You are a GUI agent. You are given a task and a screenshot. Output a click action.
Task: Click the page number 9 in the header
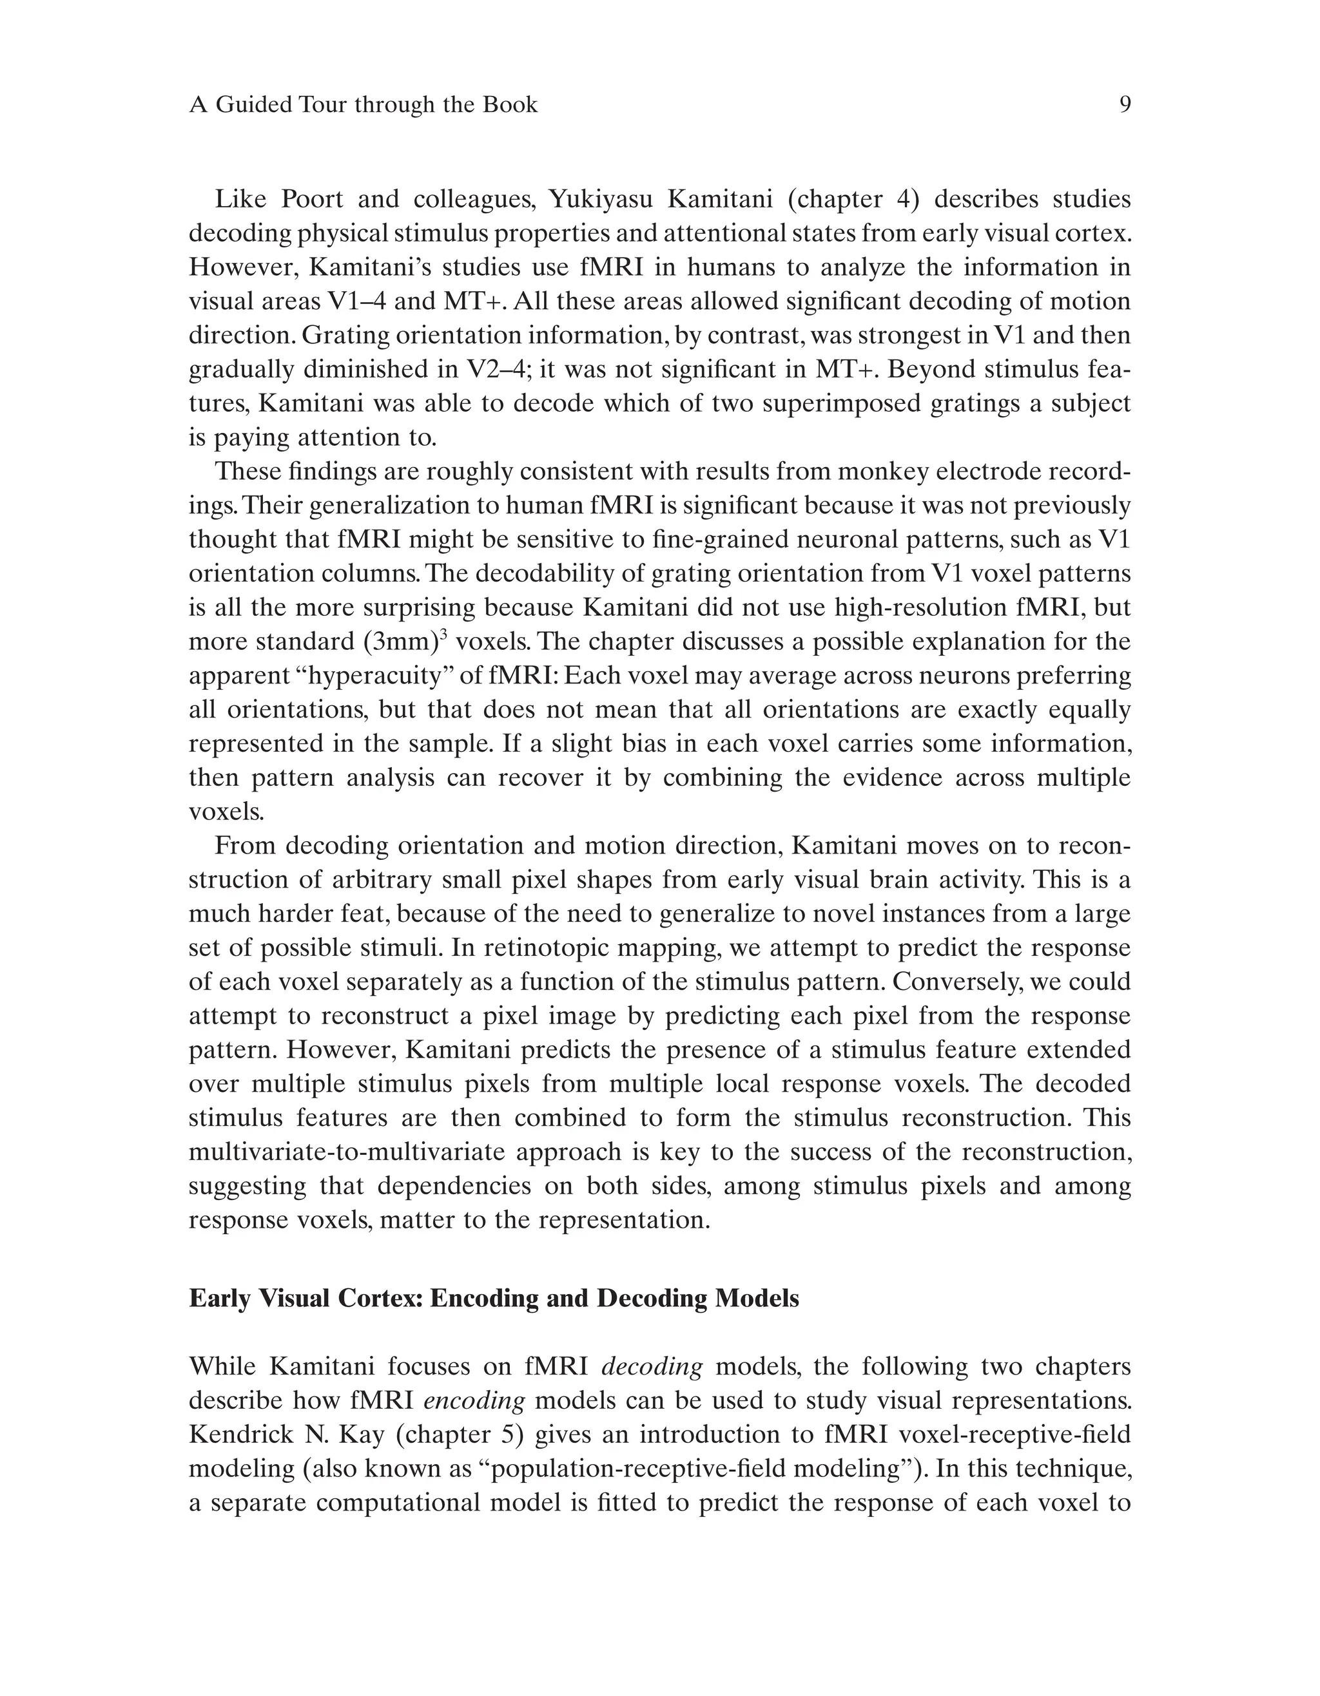pyautogui.click(x=1124, y=105)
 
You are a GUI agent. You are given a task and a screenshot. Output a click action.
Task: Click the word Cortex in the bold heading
pyautogui.click(x=378, y=1299)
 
